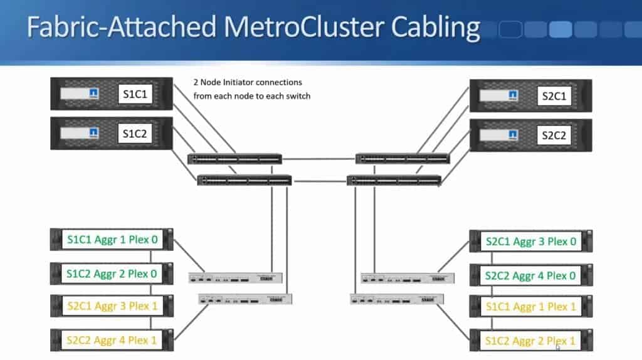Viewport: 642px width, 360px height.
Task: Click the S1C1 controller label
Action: (135, 95)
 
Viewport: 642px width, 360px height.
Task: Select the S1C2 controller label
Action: (135, 134)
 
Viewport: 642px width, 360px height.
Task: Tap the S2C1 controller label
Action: (554, 96)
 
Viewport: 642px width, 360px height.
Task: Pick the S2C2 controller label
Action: (554, 135)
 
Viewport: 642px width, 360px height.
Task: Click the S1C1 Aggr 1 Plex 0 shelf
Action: (112, 239)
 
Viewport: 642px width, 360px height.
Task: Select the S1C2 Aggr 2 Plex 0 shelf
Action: (112, 273)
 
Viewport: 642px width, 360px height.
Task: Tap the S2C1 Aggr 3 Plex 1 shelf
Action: (112, 306)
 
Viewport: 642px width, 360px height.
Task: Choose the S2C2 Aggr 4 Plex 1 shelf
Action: (112, 340)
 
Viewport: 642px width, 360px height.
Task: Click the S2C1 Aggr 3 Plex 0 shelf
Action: (530, 241)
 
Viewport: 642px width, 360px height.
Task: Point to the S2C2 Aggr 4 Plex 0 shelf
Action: (530, 275)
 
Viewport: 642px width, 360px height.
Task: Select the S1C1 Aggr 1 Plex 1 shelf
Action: (530, 308)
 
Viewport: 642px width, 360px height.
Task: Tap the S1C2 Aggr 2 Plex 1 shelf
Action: (530, 342)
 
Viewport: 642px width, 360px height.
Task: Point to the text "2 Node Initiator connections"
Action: (248, 83)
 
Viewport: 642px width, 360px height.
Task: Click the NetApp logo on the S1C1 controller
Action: (93, 94)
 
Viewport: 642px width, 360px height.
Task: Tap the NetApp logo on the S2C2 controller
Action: (513, 135)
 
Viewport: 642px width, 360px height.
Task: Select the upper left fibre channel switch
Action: (234, 159)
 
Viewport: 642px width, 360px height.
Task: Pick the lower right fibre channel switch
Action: (394, 181)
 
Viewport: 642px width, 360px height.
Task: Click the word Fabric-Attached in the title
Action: (118, 28)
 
